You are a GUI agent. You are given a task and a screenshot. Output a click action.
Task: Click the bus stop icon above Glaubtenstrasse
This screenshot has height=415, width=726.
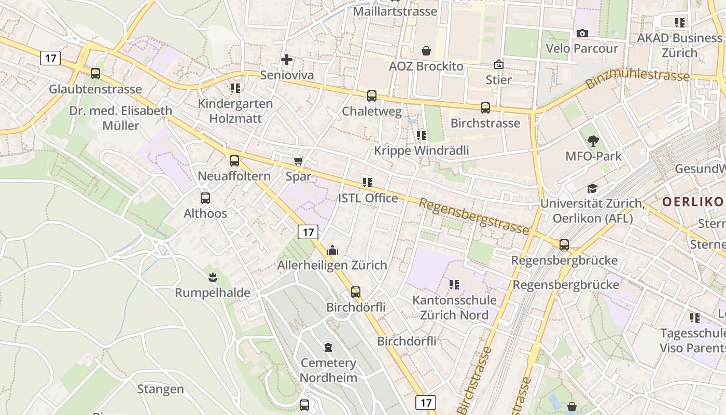pos(95,74)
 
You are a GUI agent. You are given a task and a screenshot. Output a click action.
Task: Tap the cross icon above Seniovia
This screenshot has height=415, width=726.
pos(286,60)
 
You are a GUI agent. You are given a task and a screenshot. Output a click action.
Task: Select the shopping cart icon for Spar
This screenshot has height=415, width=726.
pos(298,161)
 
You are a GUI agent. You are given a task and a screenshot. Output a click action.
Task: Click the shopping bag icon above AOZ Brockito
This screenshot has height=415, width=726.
pos(426,51)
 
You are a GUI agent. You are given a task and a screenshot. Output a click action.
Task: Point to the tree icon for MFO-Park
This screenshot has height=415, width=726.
pos(593,141)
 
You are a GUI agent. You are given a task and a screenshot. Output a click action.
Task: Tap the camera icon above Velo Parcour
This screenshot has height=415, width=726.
pos(582,33)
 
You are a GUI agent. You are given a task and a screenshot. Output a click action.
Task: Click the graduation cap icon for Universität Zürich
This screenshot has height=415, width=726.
pos(592,188)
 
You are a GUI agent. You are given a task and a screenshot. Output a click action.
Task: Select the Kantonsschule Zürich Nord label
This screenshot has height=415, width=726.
pos(454,308)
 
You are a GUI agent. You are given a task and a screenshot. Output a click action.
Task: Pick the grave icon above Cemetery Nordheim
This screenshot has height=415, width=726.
pos(328,347)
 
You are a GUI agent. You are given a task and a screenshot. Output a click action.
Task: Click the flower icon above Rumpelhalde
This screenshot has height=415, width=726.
pos(212,277)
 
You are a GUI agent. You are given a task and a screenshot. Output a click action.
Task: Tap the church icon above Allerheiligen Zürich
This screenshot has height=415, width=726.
pos(332,250)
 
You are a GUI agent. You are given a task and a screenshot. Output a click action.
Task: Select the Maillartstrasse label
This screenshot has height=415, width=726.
pos(395,11)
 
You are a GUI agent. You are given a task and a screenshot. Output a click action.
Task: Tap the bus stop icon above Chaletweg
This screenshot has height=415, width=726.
pos(372,95)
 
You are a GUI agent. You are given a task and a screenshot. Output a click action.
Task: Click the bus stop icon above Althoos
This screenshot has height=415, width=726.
pos(205,198)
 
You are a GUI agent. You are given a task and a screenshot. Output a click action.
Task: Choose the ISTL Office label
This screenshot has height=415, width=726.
pos(368,198)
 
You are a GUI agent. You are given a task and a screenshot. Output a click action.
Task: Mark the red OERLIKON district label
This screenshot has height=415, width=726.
pos(693,202)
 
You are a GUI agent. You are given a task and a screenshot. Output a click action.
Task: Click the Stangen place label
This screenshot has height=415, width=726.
pos(160,389)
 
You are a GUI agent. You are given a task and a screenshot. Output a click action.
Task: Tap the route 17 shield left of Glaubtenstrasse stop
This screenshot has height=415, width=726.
pos(50,58)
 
